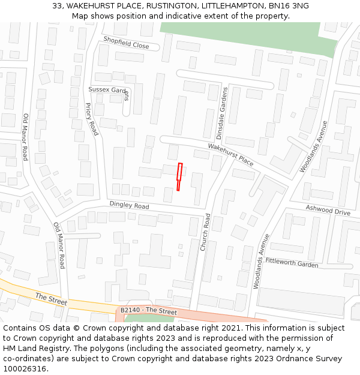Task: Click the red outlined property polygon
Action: (179, 177)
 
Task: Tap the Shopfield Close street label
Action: (126, 42)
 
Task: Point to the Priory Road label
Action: (91, 119)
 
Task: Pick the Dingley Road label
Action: (129, 205)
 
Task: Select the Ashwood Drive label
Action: (328, 211)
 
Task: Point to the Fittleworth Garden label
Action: (292, 263)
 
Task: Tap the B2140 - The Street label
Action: (148, 311)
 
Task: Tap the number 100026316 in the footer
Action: (26, 368)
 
